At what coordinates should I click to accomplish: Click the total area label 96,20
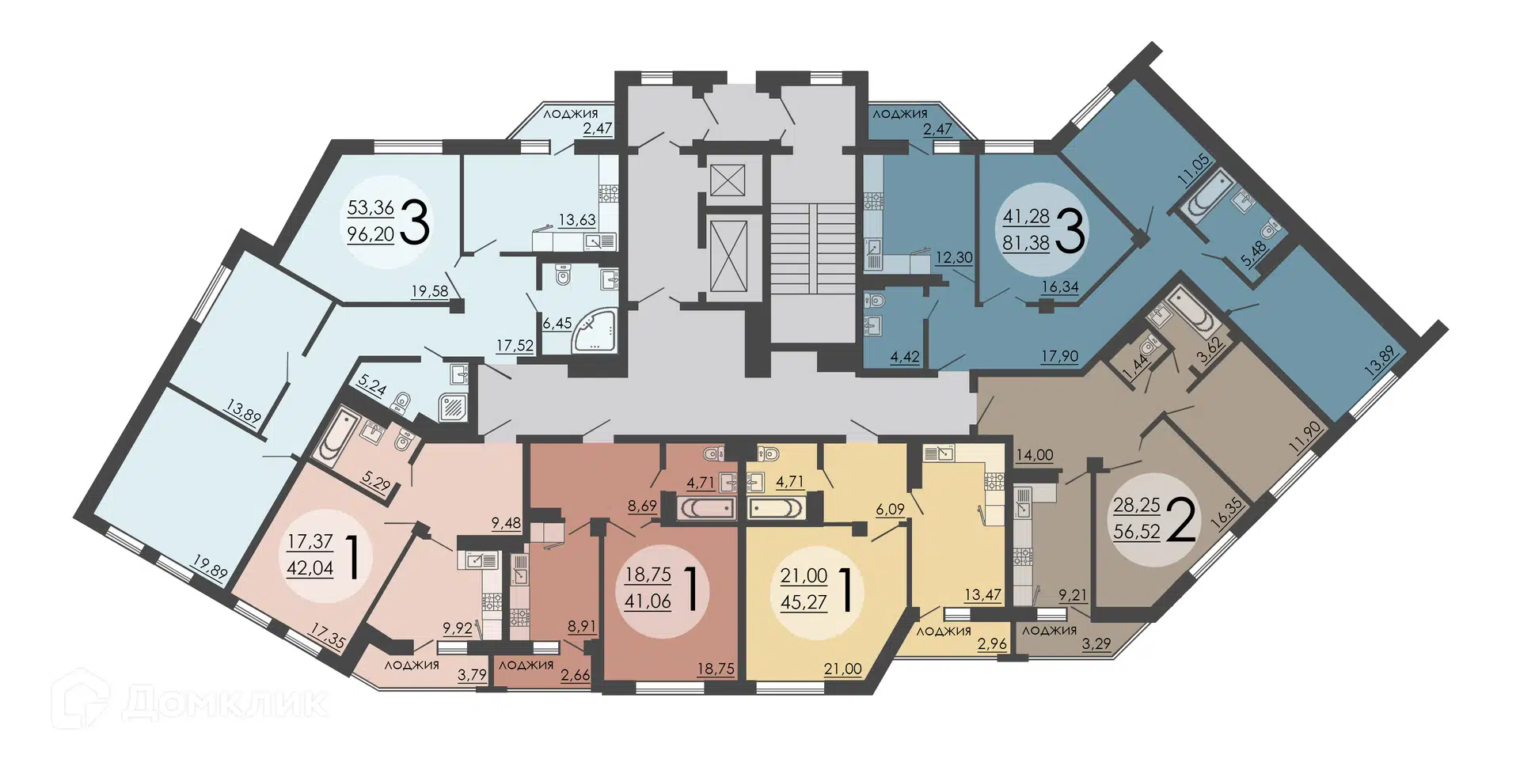(x=370, y=234)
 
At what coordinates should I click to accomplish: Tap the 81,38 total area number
(x=1026, y=243)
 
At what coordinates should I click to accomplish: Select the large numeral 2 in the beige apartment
(x=1181, y=519)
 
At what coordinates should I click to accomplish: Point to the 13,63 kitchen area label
(x=577, y=220)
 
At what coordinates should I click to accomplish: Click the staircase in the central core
(x=813, y=248)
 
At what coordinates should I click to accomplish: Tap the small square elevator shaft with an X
(x=724, y=180)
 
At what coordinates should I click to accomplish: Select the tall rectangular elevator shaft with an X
(x=728, y=256)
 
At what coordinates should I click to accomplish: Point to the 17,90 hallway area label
(x=1059, y=356)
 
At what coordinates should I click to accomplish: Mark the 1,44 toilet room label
(x=1135, y=369)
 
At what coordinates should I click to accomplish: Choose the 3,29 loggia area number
(x=1096, y=643)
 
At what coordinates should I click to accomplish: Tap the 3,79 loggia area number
(x=472, y=674)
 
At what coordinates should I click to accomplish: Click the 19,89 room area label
(x=210, y=569)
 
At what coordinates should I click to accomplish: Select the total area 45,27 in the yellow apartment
(x=804, y=602)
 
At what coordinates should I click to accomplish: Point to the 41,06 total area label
(x=648, y=601)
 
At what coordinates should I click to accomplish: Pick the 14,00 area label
(x=1035, y=455)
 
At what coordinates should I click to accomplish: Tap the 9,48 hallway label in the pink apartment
(x=506, y=522)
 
